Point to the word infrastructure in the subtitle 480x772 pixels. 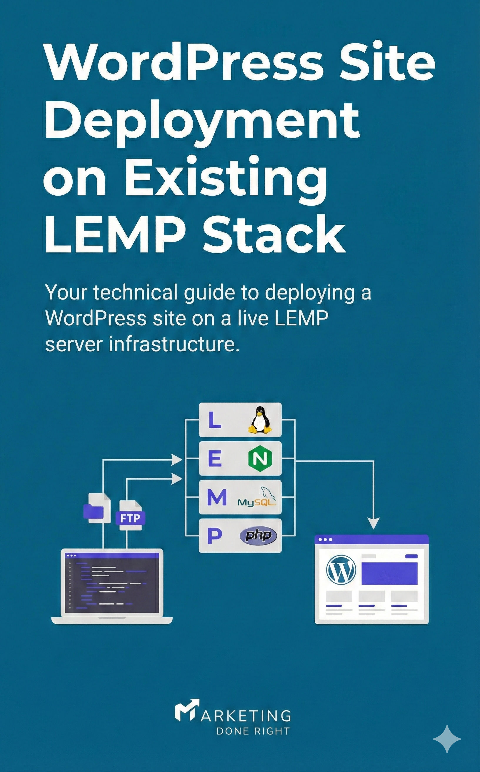coord(174,344)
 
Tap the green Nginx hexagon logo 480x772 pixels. coord(260,459)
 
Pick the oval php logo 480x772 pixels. coord(259,536)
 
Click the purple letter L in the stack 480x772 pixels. coord(214,420)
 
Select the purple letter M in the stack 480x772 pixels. coord(217,497)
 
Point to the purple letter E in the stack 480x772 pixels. coord(215,459)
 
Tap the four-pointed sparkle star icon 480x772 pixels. coord(447,739)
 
